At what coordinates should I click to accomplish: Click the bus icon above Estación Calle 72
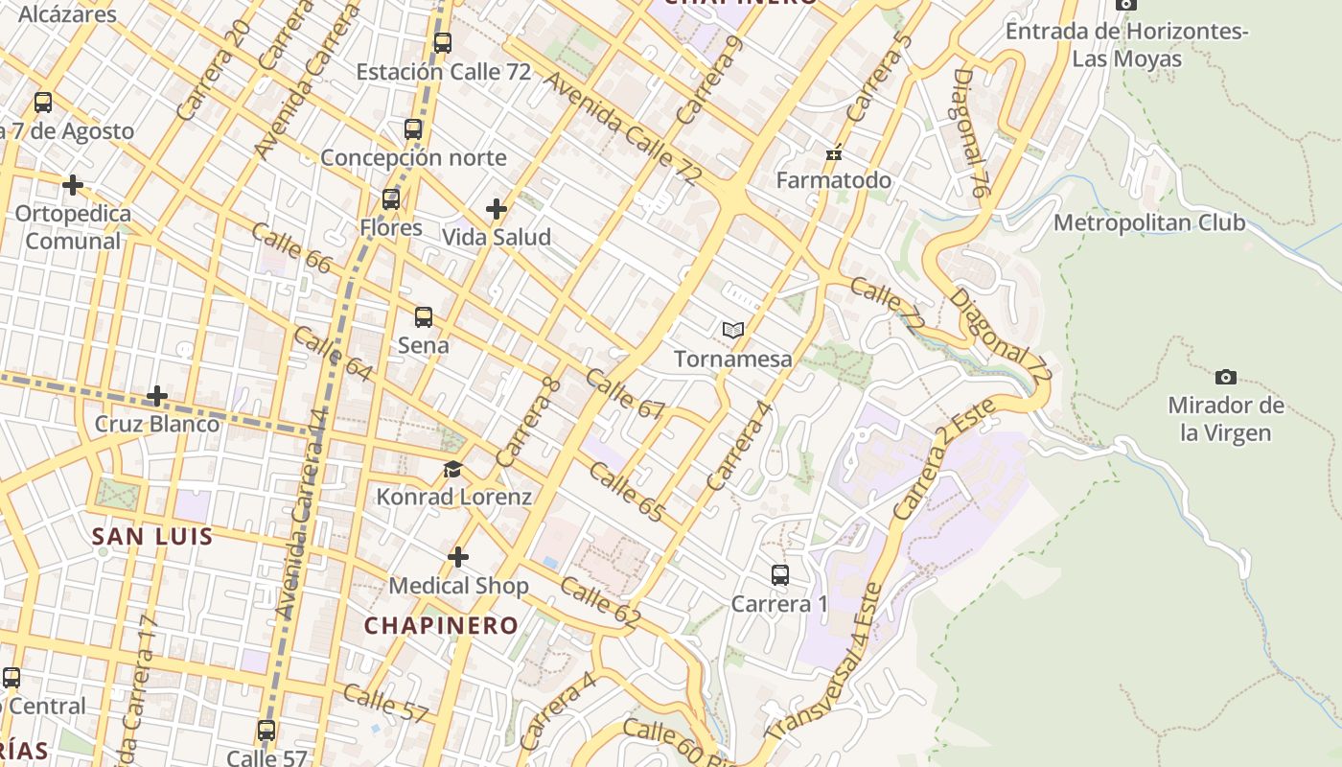click(442, 42)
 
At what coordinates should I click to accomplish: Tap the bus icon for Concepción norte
click(413, 128)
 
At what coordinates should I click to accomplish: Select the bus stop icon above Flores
click(391, 199)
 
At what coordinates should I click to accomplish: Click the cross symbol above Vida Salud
click(497, 208)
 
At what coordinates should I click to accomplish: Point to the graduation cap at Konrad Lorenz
click(452, 469)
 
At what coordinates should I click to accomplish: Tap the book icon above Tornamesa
click(733, 330)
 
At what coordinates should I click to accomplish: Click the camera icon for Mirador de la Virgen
click(1225, 377)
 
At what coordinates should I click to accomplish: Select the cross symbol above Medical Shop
click(458, 557)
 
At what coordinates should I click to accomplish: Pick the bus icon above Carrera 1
click(780, 575)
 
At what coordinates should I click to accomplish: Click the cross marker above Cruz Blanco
click(157, 395)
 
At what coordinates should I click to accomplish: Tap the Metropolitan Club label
click(1149, 222)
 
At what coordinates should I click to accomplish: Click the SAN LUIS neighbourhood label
click(152, 536)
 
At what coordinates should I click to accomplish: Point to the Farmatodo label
click(833, 180)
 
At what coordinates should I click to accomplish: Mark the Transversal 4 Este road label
click(826, 662)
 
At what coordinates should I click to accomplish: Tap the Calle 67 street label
click(625, 394)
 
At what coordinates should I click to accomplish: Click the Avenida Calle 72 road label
click(621, 128)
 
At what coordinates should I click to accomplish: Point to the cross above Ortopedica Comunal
click(73, 184)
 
